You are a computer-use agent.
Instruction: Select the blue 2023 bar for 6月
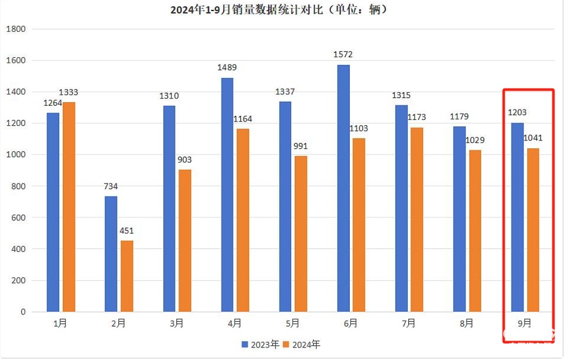click(x=343, y=189)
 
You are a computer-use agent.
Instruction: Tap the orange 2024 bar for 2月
click(x=127, y=276)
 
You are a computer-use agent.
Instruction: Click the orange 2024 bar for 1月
click(x=69, y=207)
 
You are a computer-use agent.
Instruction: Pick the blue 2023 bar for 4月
click(x=227, y=195)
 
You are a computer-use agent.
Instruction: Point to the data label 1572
click(x=343, y=54)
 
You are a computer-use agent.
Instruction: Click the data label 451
click(x=127, y=231)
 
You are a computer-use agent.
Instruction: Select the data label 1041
click(x=533, y=138)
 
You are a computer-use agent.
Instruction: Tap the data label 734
click(x=111, y=186)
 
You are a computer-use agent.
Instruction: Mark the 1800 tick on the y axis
click(x=16, y=29)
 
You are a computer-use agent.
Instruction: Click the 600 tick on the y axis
click(x=18, y=217)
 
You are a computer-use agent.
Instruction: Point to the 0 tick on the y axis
click(x=23, y=312)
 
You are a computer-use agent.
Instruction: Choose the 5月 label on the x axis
click(x=293, y=323)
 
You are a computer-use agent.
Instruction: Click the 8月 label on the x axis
click(x=467, y=323)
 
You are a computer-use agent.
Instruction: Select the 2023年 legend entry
click(x=260, y=344)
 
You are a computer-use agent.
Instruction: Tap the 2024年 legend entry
click(x=302, y=344)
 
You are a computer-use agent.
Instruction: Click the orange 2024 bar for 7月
click(x=417, y=220)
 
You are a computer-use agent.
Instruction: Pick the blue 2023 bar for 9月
click(x=517, y=217)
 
